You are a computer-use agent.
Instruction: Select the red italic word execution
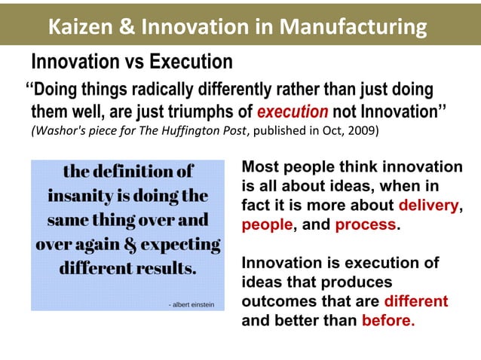point(293,112)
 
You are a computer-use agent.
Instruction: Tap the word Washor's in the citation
point(64,130)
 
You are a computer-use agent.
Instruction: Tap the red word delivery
point(428,205)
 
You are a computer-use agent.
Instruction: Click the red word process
point(366,224)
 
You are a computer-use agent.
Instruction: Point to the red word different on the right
point(415,301)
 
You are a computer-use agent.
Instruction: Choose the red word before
point(388,320)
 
